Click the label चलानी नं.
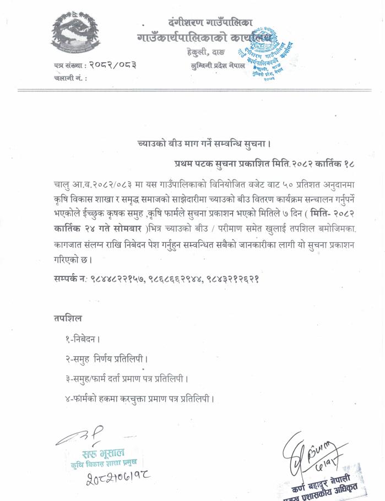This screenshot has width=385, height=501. [x=71, y=78]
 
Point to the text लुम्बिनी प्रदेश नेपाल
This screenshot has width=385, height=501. [x=220, y=64]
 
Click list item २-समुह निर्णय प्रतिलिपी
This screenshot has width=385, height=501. [x=107, y=359]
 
